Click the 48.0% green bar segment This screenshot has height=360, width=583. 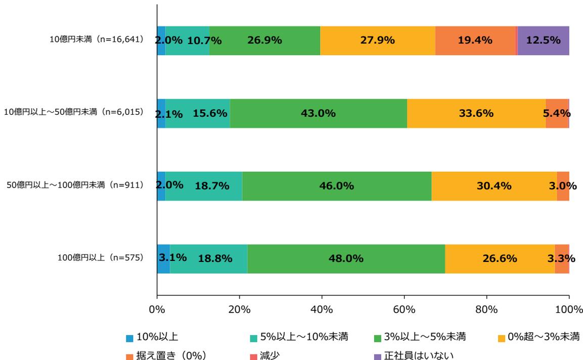pos(346,258)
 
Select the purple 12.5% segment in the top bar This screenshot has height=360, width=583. pos(543,40)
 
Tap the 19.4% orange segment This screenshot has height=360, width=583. pos(475,40)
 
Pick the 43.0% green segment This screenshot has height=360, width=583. pos(318,113)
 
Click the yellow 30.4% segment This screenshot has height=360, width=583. pos(494,186)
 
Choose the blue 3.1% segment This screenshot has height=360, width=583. pos(163,258)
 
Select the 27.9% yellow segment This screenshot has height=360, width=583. pos(377,40)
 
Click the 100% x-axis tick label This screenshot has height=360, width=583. pos(568,309)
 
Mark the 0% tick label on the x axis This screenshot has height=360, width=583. pos(157,309)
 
